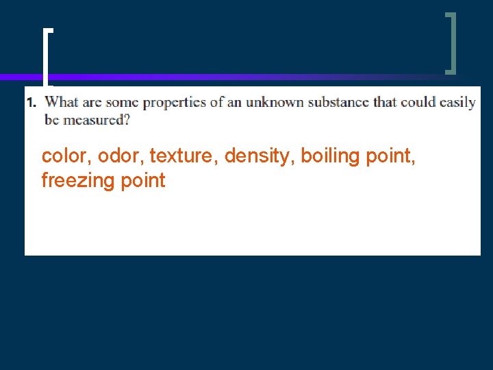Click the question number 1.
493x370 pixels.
tap(31, 103)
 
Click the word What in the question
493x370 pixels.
tap(62, 103)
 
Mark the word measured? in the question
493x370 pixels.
tap(96, 120)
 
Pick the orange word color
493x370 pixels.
tap(66, 156)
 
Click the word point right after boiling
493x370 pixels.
tap(390, 157)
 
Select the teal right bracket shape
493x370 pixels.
tap(451, 42)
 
